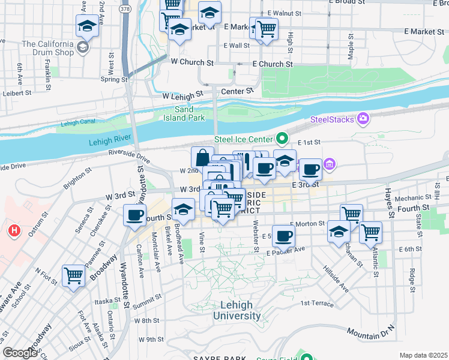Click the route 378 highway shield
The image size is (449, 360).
click(124, 11)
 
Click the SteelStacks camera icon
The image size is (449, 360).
click(363, 119)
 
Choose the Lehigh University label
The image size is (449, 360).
click(237, 310)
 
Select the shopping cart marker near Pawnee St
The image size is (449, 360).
click(74, 276)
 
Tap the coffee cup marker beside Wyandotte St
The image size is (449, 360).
click(134, 215)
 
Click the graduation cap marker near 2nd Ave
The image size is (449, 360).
click(87, 26)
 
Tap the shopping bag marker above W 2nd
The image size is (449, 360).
click(202, 157)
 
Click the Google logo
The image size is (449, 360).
click(20, 353)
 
